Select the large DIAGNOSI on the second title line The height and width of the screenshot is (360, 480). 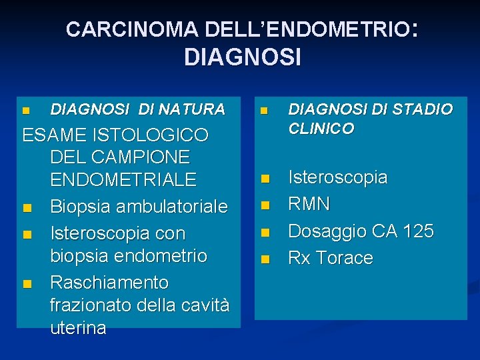(243, 57)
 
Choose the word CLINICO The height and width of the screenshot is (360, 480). (321, 128)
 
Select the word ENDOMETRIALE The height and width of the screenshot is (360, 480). (123, 179)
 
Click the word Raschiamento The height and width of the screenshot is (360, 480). (109, 283)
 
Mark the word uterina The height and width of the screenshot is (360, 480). (78, 328)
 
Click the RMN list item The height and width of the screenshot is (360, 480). (309, 203)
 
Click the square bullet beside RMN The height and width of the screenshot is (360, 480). (265, 205)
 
